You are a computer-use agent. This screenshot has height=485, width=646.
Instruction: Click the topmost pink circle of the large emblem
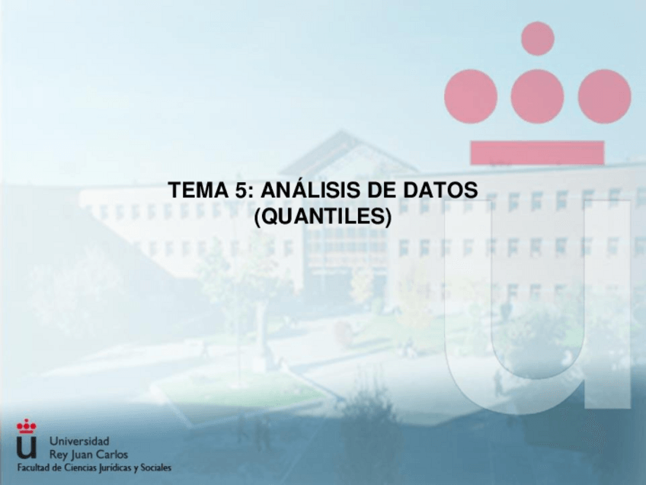click(538, 38)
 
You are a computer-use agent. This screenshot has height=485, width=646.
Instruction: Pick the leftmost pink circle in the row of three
click(471, 96)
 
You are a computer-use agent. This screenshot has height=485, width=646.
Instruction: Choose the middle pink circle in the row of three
click(537, 96)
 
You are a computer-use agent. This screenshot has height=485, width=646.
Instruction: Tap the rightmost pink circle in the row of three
click(604, 96)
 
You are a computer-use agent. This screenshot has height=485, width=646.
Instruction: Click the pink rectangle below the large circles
click(537, 153)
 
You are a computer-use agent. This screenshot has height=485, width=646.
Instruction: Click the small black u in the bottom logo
click(26, 446)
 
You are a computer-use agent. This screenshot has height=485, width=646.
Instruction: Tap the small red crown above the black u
click(26, 426)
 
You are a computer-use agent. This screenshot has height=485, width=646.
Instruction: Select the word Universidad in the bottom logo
click(79, 441)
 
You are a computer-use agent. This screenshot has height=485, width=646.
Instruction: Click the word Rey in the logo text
click(58, 454)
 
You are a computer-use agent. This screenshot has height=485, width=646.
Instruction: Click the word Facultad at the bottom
click(34, 467)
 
